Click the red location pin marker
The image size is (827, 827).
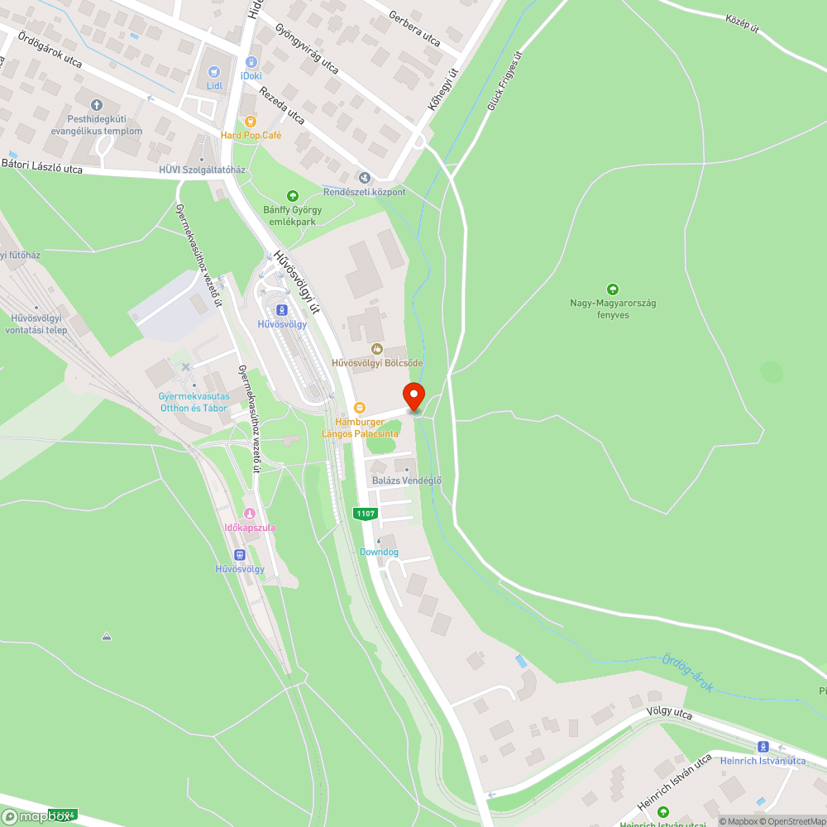click(x=413, y=396)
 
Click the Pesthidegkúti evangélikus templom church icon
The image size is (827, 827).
click(x=97, y=105)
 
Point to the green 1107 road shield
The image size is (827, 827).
click(x=365, y=514)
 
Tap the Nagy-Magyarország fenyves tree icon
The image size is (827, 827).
click(x=612, y=289)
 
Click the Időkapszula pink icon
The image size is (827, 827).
click(x=250, y=514)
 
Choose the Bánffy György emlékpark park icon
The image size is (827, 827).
click(x=292, y=196)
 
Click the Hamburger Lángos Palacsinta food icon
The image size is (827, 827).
click(x=359, y=408)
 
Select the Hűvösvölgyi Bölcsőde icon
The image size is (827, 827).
click(x=377, y=349)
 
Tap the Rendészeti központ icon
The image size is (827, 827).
click(x=365, y=178)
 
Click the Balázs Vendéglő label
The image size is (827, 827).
click(x=408, y=480)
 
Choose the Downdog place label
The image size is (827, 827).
click(x=379, y=552)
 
